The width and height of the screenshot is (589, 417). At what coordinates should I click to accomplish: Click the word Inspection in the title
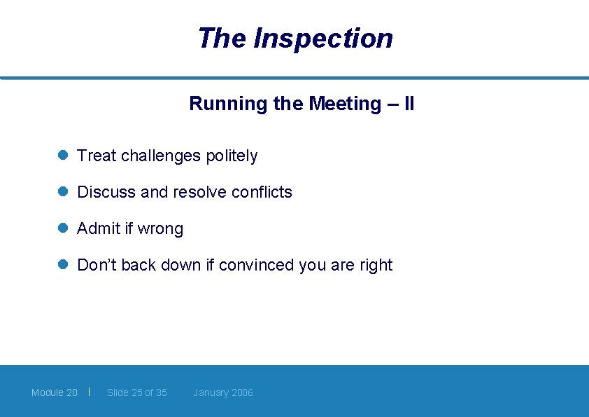coord(323,39)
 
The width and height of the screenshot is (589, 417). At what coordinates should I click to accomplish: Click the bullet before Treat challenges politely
coord(62,156)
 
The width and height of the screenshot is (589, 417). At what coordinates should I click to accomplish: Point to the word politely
coord(232,156)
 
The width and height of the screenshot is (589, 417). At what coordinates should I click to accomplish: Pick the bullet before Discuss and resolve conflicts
coord(62,192)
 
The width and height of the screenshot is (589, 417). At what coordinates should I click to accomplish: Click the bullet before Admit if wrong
coord(62,228)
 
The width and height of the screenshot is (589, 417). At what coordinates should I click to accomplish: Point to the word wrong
coord(160,229)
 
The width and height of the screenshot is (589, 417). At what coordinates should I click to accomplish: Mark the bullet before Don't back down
coord(62,265)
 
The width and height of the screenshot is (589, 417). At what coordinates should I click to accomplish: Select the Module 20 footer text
coord(55,392)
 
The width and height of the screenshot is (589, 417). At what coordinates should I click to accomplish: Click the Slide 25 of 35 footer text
coord(137,392)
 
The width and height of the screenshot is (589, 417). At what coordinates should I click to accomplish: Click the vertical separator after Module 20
coord(90,391)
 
